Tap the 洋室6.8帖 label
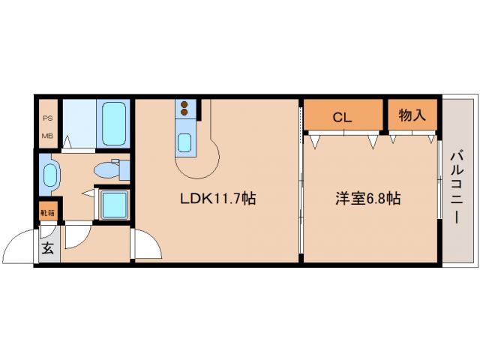367,199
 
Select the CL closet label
343,116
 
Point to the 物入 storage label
412,115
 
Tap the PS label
46,117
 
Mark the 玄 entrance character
46,248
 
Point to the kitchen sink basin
185,140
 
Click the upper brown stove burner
184,104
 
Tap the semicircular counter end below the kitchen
202,157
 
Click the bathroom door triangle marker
67,141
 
